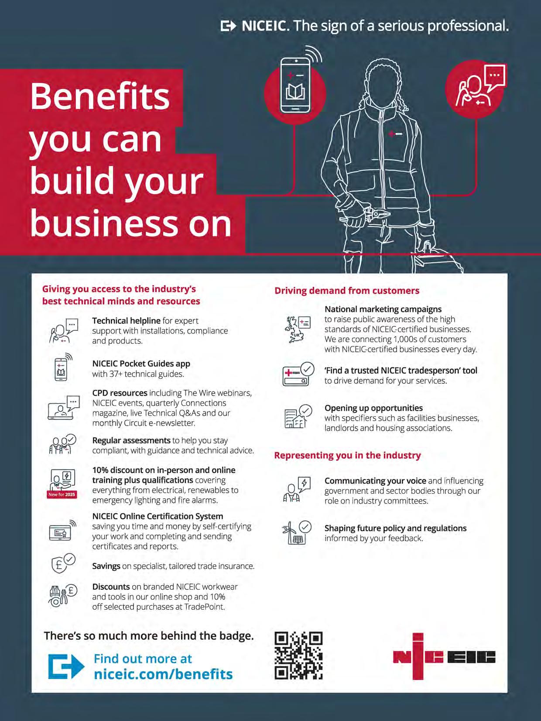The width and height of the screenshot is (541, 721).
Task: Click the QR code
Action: (298, 656)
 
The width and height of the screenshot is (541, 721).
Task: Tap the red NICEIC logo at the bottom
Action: (444, 656)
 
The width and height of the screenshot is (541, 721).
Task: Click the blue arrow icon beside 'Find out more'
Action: (66, 666)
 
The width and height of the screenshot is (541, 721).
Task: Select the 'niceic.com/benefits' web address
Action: (163, 674)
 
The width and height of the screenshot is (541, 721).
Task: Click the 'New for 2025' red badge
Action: (62, 494)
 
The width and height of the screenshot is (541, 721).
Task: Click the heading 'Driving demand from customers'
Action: (347, 291)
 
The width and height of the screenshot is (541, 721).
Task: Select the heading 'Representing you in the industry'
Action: (347, 455)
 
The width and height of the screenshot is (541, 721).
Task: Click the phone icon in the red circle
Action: (295, 86)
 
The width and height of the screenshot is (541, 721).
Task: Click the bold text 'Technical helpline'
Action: (126, 321)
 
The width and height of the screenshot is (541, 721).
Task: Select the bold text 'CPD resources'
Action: (120, 393)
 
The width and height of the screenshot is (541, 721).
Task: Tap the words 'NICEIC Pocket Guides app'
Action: (141, 364)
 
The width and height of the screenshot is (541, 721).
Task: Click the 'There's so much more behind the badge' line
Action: (149, 636)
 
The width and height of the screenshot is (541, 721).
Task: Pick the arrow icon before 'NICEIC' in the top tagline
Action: (228, 26)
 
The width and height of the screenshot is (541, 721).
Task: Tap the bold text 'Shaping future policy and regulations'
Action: (395, 528)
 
